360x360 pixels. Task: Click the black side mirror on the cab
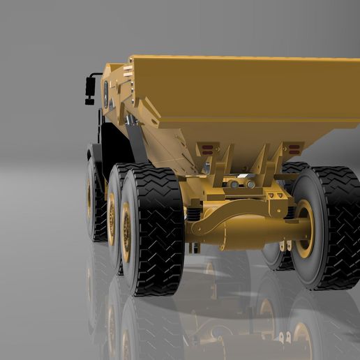click(90, 87)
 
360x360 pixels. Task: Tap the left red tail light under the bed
click(206, 149)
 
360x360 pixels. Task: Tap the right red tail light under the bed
click(294, 149)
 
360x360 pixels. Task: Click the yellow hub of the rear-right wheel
click(304, 228)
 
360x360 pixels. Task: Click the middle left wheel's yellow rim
click(112, 218)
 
